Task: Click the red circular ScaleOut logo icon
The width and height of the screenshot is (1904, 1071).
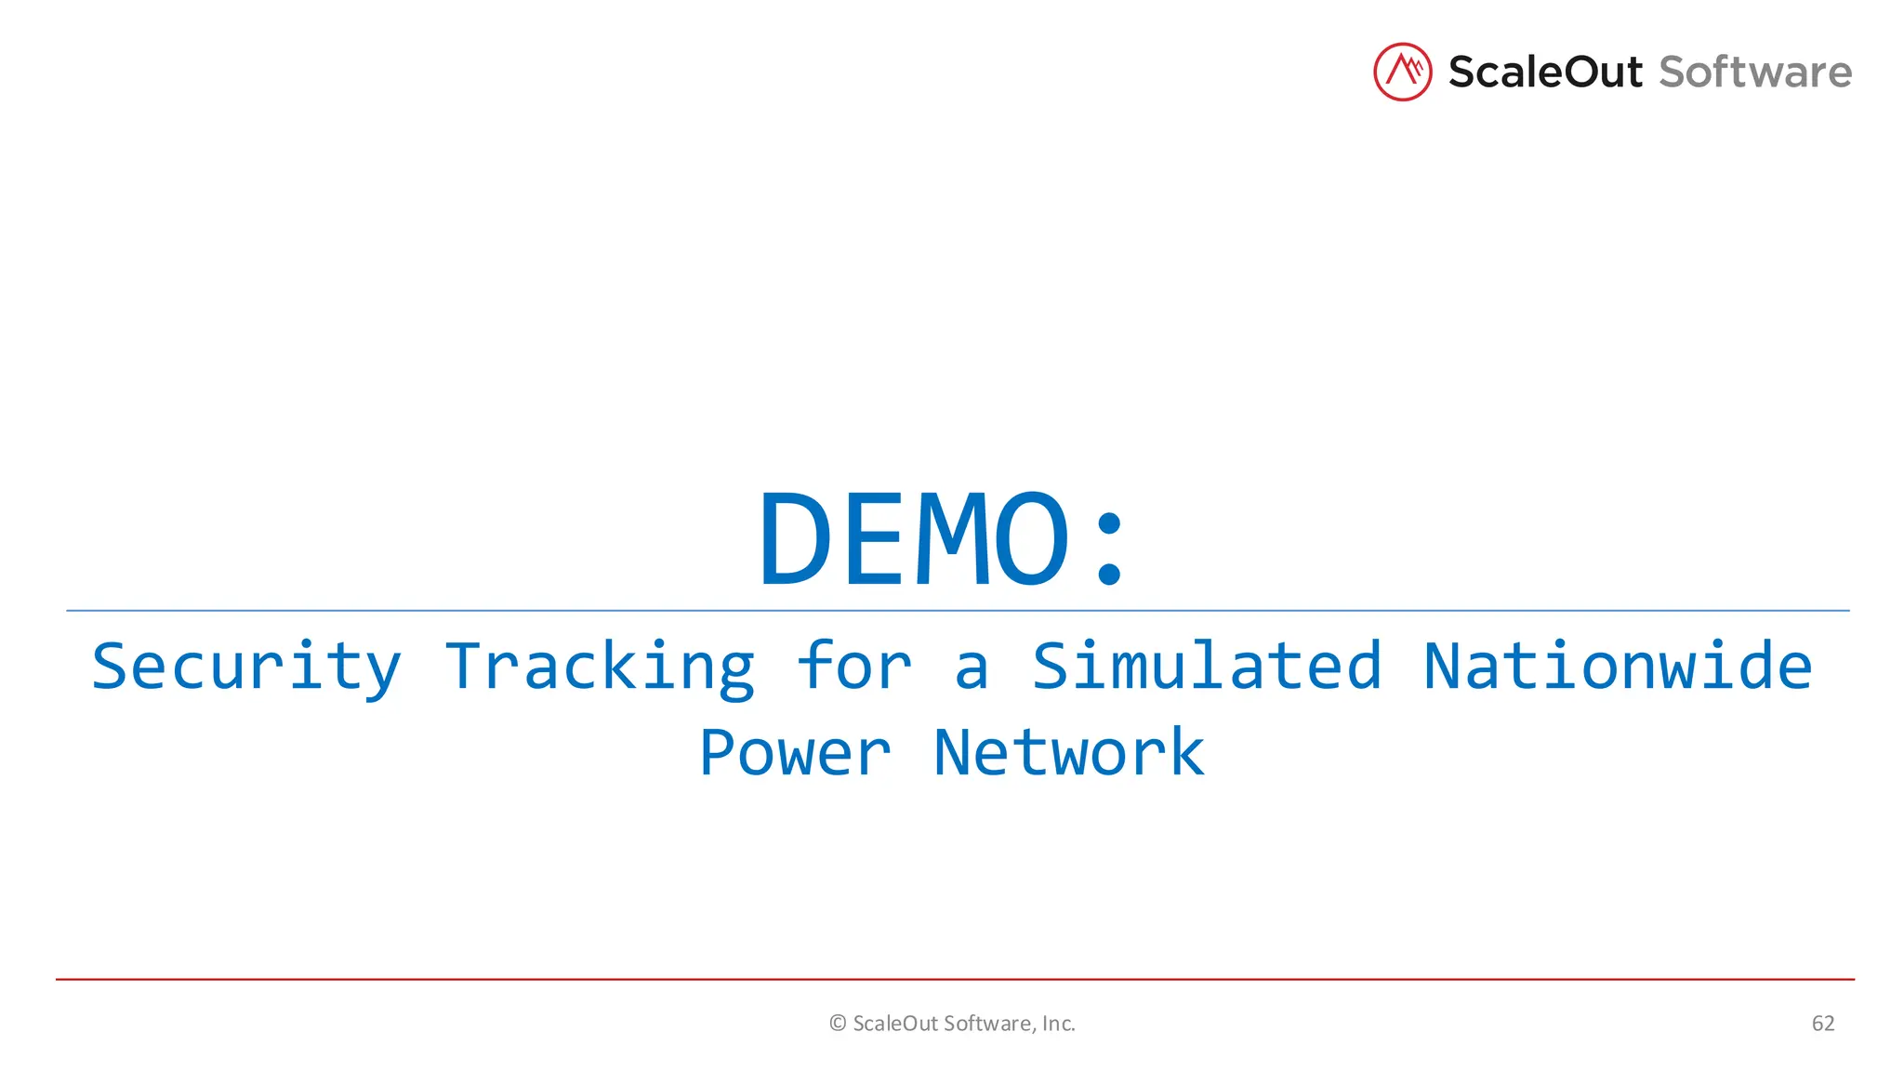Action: [x=1402, y=72]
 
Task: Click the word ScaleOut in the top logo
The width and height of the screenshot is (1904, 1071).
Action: [x=1544, y=73]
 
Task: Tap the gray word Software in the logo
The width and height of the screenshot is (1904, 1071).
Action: [x=1755, y=73]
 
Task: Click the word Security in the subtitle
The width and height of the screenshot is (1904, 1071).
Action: [x=246, y=667]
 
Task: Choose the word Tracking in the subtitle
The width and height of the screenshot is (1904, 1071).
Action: [x=600, y=667]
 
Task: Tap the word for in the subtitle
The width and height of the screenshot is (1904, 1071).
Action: [x=854, y=667]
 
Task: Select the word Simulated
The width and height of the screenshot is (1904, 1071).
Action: [x=1207, y=667]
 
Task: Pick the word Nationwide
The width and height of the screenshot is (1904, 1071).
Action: [x=1618, y=667]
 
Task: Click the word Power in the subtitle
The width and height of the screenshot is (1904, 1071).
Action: [x=795, y=753]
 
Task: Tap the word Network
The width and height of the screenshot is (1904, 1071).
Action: [x=1069, y=753]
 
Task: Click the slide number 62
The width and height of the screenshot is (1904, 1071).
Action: [x=1823, y=1024]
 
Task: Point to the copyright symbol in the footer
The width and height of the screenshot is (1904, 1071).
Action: [x=838, y=1024]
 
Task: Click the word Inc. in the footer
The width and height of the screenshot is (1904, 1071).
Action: [x=1058, y=1024]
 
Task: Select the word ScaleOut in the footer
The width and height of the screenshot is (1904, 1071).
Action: [x=895, y=1024]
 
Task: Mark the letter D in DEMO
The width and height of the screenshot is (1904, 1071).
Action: [x=795, y=540]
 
